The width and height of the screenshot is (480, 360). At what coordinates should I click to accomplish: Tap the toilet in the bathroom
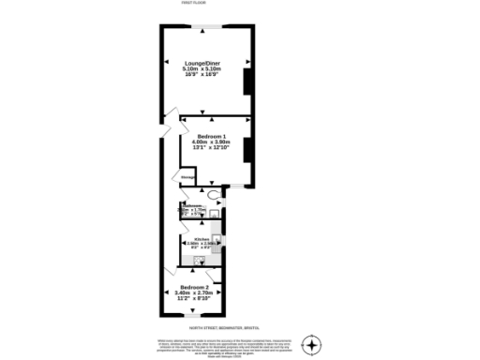coord(216,196)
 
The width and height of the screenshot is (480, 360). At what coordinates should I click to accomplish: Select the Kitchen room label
coord(201,239)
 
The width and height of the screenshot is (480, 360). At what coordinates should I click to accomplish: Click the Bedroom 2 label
coord(194,286)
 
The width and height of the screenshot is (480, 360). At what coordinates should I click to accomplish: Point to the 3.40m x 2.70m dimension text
coord(194,292)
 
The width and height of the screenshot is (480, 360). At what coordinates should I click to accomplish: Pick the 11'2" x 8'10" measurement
coord(194,297)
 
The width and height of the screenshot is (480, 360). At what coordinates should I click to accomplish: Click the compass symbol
coord(315,343)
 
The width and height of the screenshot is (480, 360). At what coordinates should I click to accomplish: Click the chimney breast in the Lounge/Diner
coord(247,82)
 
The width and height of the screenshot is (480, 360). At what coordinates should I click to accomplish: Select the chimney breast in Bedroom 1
coord(247,152)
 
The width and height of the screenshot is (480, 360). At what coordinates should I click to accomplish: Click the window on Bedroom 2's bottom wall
coord(194,320)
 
